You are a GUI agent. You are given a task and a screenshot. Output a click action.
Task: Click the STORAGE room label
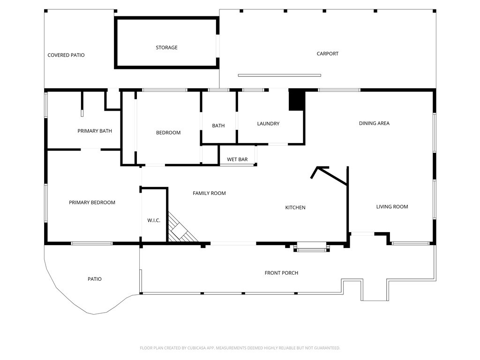(166, 47)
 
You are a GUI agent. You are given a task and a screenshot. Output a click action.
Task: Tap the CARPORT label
(328, 53)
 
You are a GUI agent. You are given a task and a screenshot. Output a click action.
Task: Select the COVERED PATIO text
(66, 55)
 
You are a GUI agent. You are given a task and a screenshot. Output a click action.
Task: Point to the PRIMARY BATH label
(95, 131)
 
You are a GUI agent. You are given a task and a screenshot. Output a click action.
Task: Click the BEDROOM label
(168, 133)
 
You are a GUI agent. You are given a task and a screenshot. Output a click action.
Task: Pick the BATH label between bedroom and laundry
(218, 126)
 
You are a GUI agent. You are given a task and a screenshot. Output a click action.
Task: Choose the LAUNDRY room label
(268, 124)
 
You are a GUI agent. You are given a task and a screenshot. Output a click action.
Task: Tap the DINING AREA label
(374, 123)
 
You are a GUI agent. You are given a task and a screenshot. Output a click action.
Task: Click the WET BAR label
(237, 159)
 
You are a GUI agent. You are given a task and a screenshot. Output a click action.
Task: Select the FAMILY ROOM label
(209, 193)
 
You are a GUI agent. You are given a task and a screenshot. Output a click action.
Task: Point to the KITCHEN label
(295, 208)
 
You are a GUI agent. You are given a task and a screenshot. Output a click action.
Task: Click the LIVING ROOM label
(392, 207)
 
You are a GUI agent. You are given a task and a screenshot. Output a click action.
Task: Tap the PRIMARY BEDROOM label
(92, 202)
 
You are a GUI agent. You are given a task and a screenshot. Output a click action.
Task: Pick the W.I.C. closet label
(154, 220)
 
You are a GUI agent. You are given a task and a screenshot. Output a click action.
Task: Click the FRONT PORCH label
(281, 273)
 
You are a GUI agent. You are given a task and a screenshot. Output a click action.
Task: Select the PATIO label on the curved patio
(95, 279)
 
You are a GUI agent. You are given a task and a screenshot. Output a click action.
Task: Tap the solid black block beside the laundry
(297, 100)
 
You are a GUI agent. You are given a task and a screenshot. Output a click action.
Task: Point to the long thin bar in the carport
(279, 75)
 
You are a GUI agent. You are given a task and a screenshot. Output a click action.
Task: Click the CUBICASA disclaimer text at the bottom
(240, 348)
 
